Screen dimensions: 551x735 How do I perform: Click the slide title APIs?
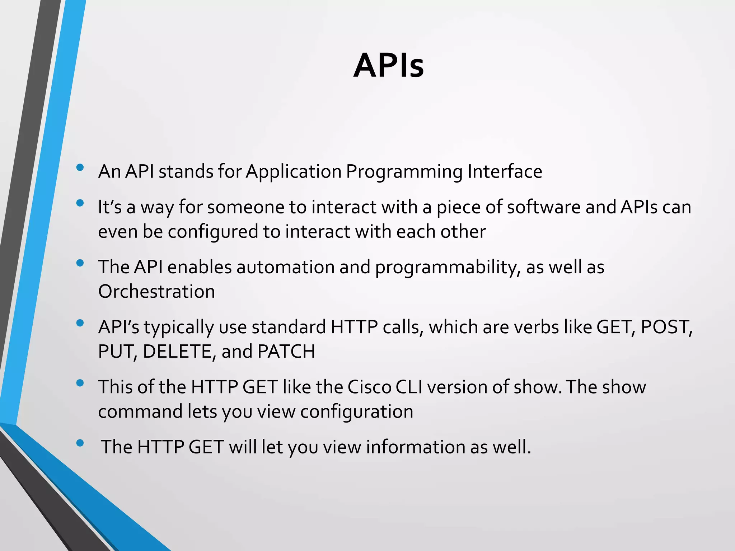click(x=388, y=65)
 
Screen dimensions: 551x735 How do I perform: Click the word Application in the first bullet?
click(x=293, y=172)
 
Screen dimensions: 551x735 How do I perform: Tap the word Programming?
click(x=404, y=172)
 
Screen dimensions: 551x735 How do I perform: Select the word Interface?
click(x=505, y=171)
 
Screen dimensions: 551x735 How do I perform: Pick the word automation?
click(x=285, y=267)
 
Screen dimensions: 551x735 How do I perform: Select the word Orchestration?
click(x=156, y=291)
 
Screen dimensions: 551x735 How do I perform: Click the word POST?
click(x=666, y=327)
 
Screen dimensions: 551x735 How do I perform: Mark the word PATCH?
click(x=286, y=351)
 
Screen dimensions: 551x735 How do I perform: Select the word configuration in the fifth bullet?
click(x=357, y=411)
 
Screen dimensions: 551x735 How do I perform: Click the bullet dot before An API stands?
click(x=80, y=167)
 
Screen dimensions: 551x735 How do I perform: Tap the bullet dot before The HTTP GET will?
click(x=80, y=443)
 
